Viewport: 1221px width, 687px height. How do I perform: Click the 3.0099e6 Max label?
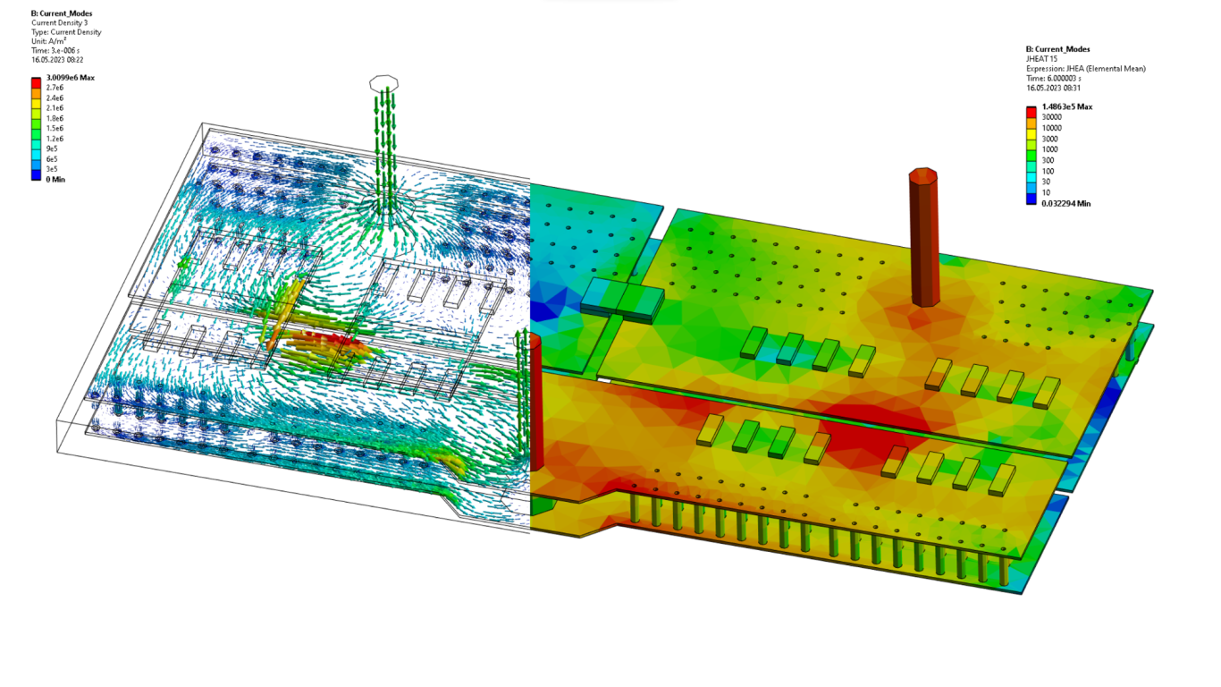pos(71,78)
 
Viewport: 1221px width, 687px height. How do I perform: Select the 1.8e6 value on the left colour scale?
pos(55,118)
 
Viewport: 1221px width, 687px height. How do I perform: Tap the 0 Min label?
pos(55,180)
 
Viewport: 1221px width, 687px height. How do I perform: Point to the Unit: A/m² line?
pos(49,41)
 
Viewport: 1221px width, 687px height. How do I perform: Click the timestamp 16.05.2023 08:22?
pos(57,60)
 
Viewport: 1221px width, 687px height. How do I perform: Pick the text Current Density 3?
pos(59,23)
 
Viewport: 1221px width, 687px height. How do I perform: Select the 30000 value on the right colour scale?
pos(1051,117)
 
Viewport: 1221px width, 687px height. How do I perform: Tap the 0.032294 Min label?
pos(1065,204)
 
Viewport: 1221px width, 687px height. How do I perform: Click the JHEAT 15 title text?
pos(1041,59)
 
